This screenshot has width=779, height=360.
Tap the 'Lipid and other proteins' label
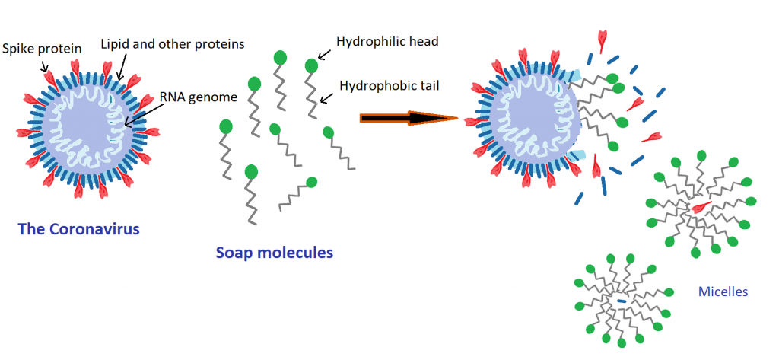tap(173, 44)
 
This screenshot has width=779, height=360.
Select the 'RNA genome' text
tap(198, 97)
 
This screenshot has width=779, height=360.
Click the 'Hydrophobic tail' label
tap(388, 85)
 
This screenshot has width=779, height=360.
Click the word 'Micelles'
tap(723, 291)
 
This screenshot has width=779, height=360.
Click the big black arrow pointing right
tap(407, 118)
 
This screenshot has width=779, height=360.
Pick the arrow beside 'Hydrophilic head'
tap(323, 53)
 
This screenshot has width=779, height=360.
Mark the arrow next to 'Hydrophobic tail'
tap(327, 96)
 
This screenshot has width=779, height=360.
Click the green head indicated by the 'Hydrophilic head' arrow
tap(311, 66)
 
